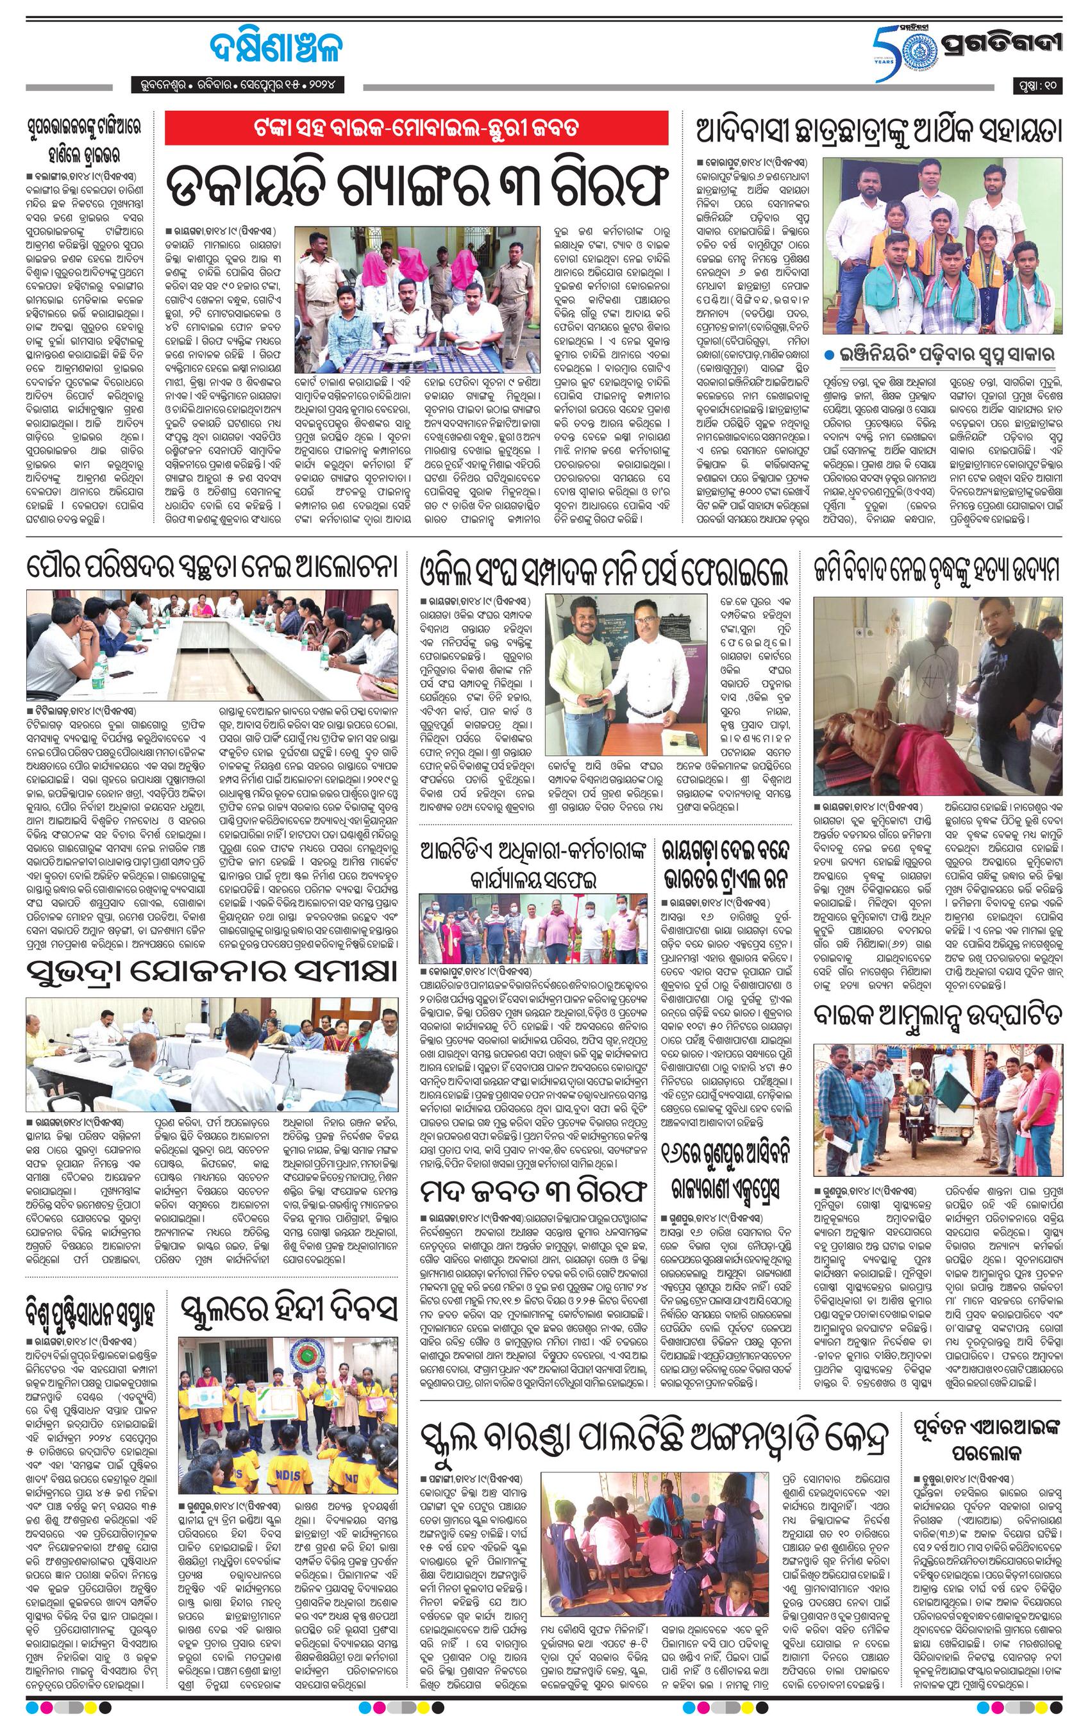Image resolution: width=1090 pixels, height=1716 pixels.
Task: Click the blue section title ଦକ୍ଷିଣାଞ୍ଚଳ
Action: (274, 49)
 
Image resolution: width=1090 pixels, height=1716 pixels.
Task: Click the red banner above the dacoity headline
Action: (416, 128)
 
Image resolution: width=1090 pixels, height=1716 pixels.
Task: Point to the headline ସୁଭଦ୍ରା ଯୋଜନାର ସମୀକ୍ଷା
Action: (212, 970)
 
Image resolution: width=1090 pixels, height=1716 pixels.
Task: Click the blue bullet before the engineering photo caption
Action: (830, 354)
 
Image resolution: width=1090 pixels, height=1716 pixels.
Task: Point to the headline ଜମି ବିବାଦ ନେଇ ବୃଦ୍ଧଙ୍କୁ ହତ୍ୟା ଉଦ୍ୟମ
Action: (937, 569)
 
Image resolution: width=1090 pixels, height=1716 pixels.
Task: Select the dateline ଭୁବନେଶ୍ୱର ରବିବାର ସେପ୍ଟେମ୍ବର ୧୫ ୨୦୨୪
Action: (237, 85)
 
